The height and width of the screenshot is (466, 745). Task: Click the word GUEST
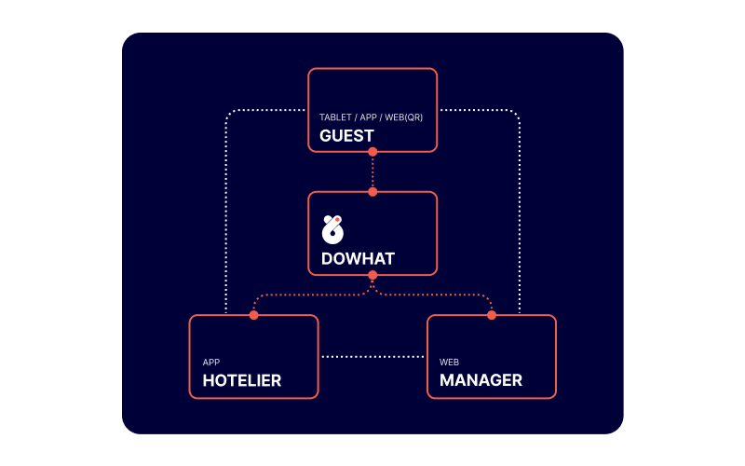[x=346, y=136]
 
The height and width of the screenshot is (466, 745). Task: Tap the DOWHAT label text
[x=358, y=259]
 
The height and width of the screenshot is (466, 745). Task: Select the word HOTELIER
[x=242, y=380]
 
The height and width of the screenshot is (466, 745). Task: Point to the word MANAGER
[x=481, y=380]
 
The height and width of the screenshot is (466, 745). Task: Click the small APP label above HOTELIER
[x=211, y=363]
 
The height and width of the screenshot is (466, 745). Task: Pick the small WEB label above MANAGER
[x=449, y=363]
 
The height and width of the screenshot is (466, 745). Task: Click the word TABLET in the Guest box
[x=335, y=117]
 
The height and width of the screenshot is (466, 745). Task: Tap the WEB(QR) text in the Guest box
[x=403, y=117]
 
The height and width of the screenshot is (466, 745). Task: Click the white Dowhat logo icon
[x=332, y=229]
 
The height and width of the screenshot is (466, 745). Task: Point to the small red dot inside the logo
[x=337, y=220]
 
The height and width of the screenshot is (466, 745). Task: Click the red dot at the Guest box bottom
[x=372, y=152]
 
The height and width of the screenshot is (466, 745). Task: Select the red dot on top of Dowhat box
[x=372, y=192]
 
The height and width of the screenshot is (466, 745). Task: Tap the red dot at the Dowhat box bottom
[x=372, y=275]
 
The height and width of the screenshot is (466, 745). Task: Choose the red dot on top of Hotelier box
[x=253, y=315]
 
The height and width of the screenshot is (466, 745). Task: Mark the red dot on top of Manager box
[x=492, y=315]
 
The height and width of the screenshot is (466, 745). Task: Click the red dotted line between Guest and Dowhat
[x=372, y=172]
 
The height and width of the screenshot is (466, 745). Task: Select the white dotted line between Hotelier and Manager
[x=372, y=357]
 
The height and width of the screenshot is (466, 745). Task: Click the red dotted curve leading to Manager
[x=432, y=295]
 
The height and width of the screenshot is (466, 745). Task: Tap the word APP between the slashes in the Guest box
[x=368, y=117]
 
